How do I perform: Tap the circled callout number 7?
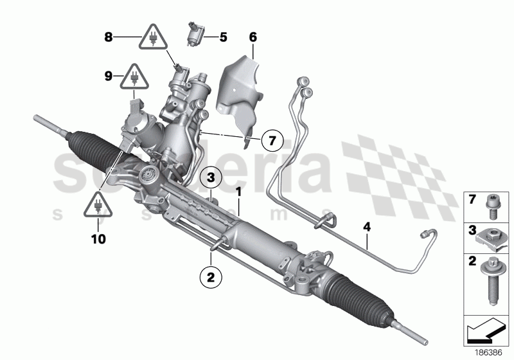[272, 139]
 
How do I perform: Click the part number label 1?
[238, 192]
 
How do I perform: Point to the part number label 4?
[367, 227]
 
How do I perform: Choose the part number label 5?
[223, 37]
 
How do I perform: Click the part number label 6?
[253, 37]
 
